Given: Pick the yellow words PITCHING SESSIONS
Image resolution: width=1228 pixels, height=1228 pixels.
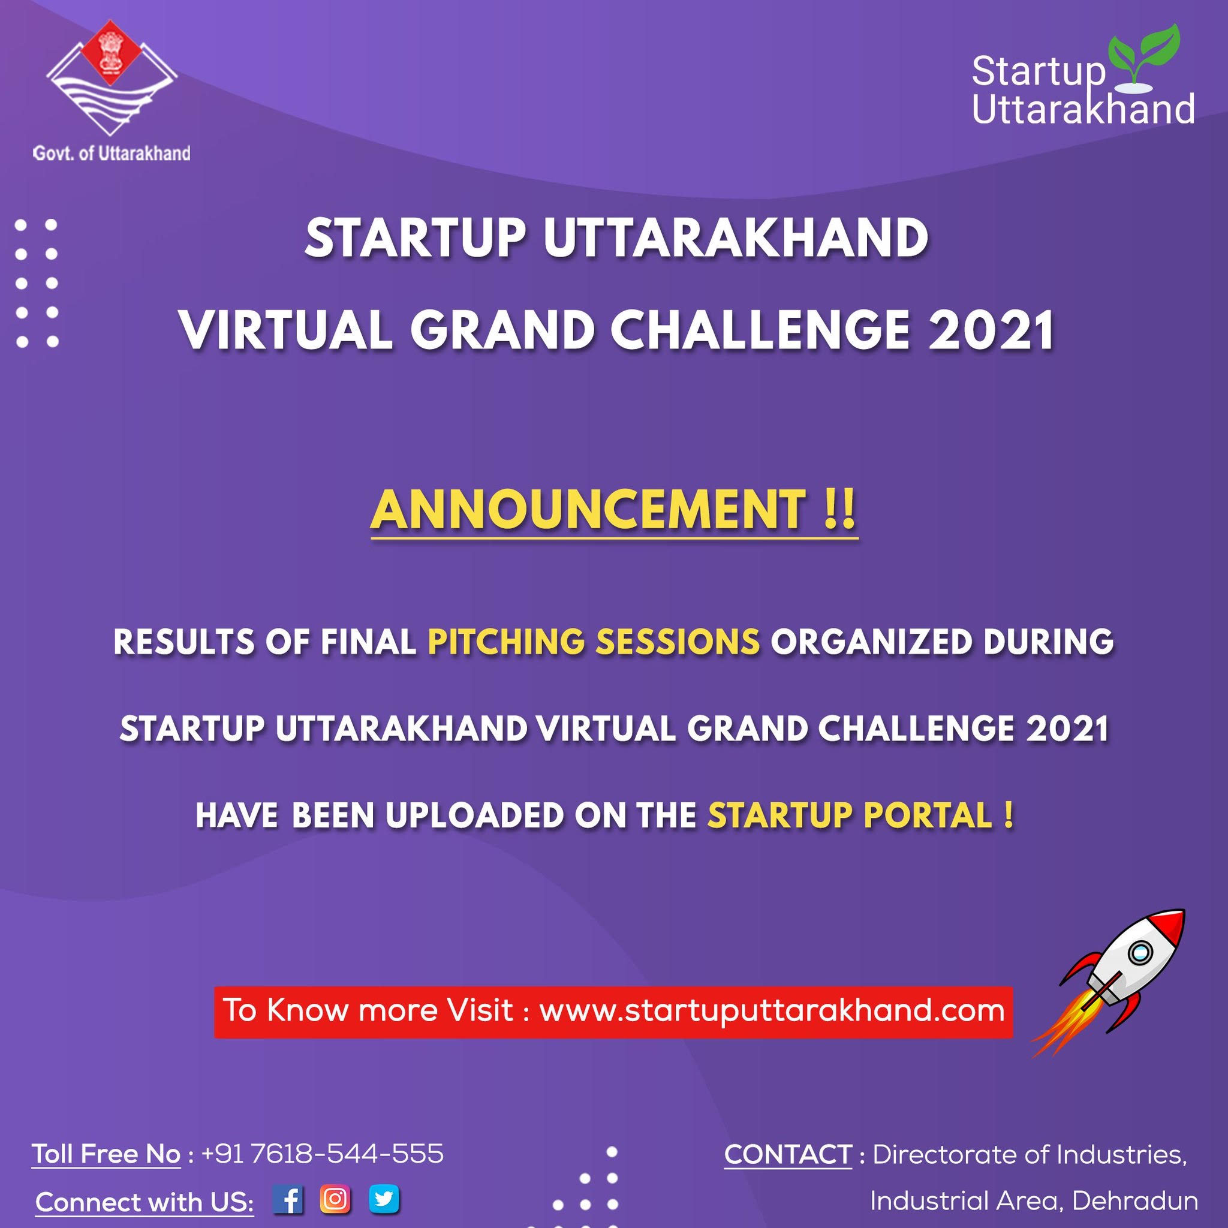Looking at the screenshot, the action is (x=594, y=642).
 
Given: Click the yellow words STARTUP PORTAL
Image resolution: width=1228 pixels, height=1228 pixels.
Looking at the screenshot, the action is (x=850, y=815).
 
